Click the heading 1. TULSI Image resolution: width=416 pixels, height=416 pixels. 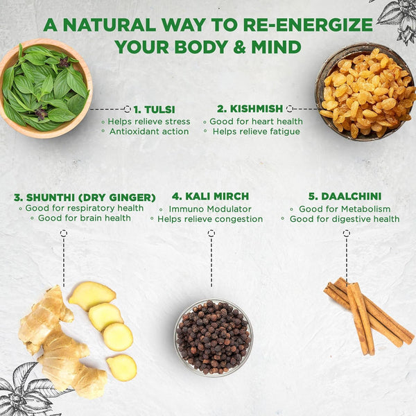154,110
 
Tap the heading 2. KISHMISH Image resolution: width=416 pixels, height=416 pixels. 250,109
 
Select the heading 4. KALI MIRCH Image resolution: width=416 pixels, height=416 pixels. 210,196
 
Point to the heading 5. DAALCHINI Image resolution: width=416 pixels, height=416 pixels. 345,196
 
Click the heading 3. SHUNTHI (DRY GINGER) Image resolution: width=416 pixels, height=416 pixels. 85,198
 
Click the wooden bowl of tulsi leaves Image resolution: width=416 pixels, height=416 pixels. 45,89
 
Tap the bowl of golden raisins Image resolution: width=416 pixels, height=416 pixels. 365,92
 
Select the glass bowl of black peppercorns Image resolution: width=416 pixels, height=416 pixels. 214,338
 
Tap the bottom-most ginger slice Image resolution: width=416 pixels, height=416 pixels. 122,367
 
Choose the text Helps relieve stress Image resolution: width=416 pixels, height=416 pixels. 149,121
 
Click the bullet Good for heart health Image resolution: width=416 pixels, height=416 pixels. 256,121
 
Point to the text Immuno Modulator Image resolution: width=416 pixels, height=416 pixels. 210,209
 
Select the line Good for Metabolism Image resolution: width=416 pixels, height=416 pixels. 345,209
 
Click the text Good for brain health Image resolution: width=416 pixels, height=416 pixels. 85,218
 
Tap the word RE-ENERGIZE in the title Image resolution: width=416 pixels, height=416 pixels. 308,25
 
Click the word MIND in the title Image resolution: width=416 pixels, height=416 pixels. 276,47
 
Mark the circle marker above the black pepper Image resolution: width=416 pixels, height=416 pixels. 211,233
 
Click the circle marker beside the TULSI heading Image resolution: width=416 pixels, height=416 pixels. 128,109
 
